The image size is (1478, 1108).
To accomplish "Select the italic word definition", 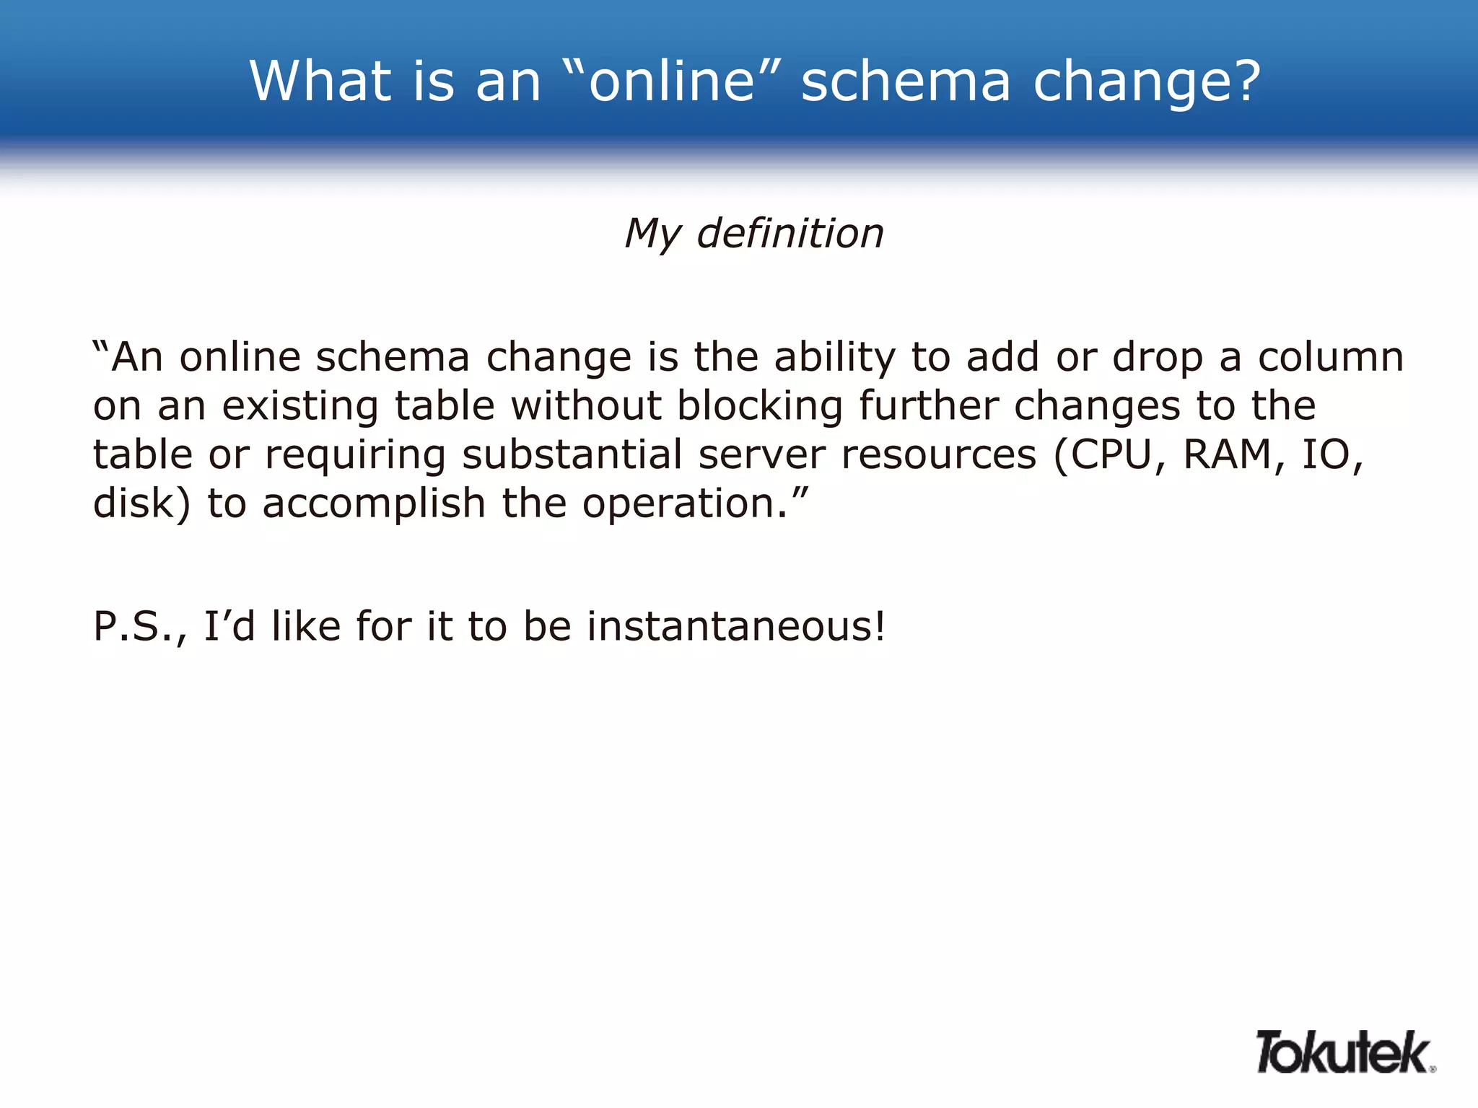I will (x=790, y=234).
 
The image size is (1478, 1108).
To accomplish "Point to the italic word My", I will (x=652, y=234).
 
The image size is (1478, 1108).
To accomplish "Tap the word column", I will (x=1331, y=357).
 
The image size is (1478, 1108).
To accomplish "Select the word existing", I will (x=299, y=406).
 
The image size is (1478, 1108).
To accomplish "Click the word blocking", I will (x=759, y=406).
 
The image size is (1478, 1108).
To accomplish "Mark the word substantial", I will (x=572, y=455).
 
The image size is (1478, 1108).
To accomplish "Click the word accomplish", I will (x=374, y=504).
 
